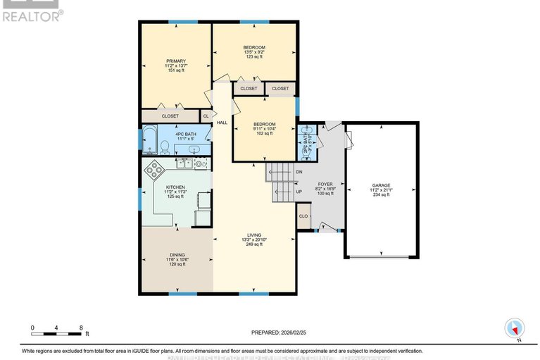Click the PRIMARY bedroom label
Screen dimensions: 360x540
(x=175, y=61)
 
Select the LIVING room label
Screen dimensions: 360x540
(x=254, y=235)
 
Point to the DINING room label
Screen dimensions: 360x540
(x=176, y=255)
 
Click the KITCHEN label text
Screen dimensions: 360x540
(x=175, y=187)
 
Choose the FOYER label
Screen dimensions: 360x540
(x=325, y=184)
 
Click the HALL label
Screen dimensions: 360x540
(x=222, y=123)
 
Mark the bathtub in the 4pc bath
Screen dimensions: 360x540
(x=149, y=139)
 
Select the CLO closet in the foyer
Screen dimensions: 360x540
(x=303, y=216)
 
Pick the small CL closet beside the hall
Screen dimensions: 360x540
(x=206, y=116)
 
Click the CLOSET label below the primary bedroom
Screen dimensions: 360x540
(x=170, y=116)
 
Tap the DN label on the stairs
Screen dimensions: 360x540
(x=299, y=172)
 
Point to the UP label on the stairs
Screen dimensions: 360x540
(x=299, y=191)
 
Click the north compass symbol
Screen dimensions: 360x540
(x=515, y=328)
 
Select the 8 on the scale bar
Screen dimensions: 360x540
(x=81, y=328)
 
